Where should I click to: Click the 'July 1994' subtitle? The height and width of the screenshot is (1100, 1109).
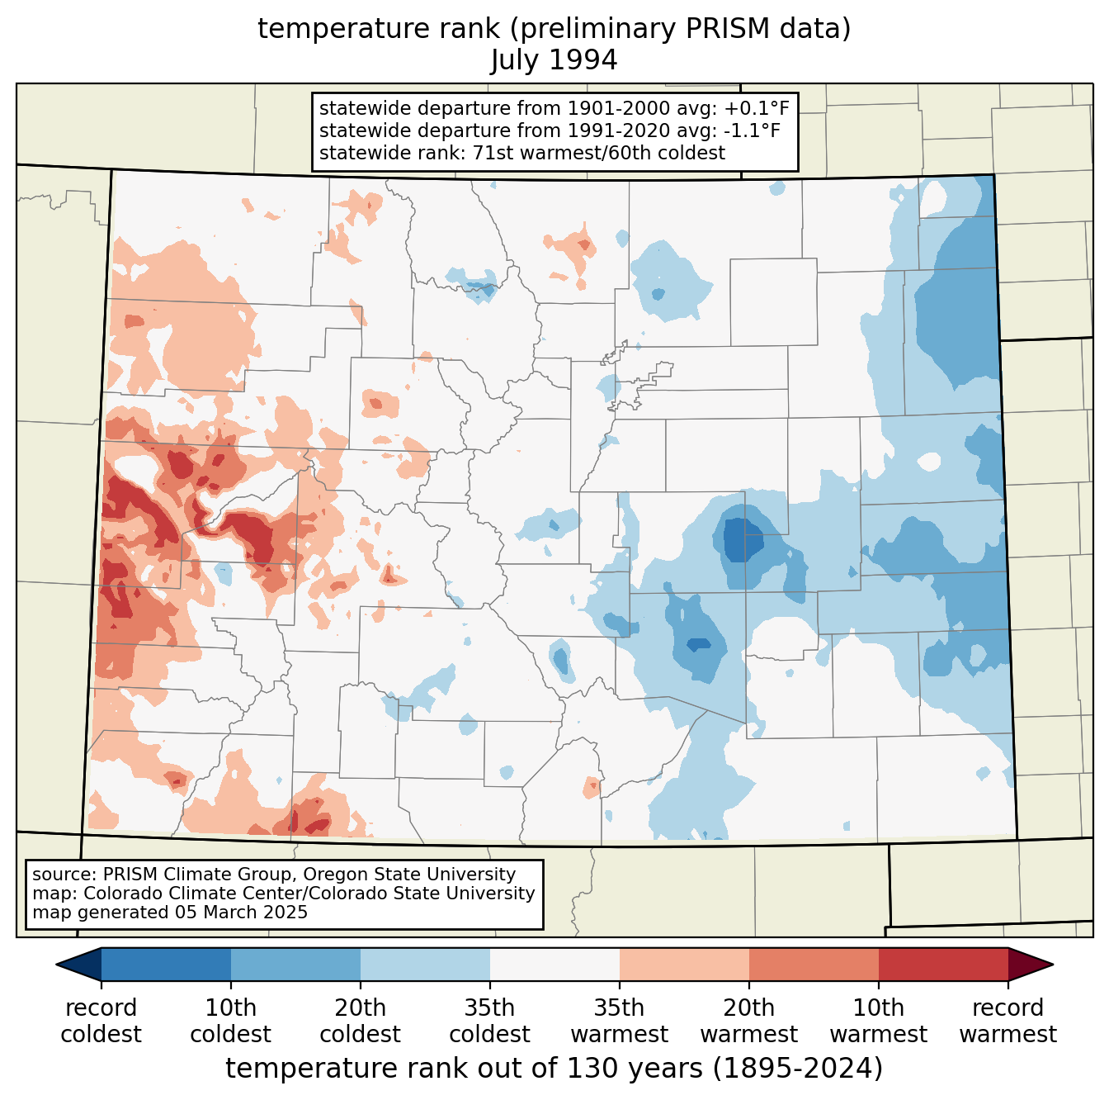click(554, 60)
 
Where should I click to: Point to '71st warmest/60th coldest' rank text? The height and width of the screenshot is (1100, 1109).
click(598, 153)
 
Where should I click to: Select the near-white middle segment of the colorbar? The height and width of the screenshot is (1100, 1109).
click(554, 964)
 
